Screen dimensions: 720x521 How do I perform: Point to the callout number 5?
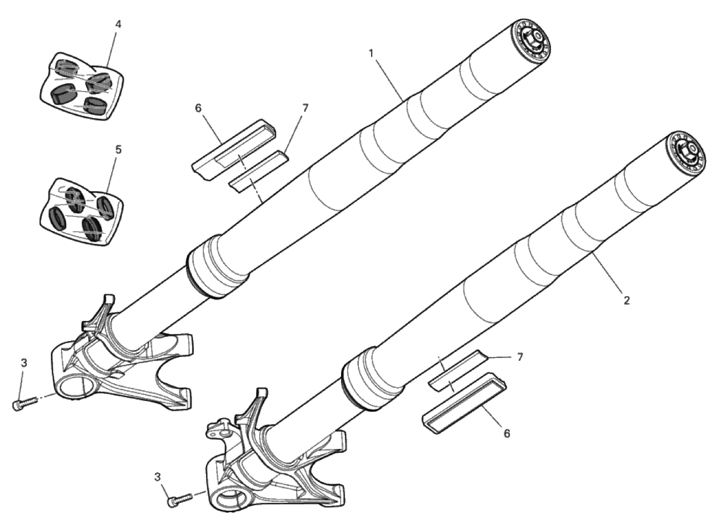coord(118,150)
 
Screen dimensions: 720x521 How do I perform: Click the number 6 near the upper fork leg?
coord(198,108)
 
